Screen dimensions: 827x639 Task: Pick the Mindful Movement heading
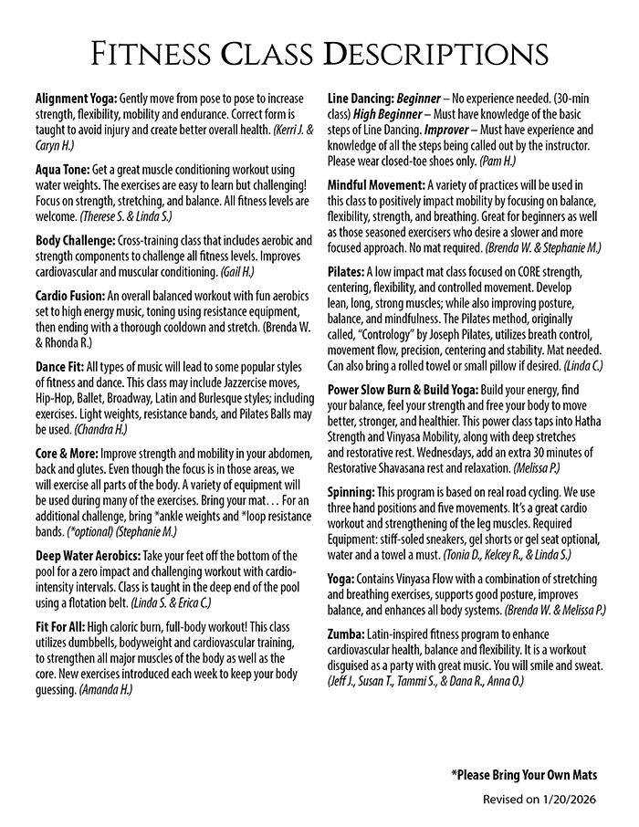(375, 184)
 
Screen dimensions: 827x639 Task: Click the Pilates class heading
(345, 273)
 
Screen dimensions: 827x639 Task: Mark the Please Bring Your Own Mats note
(524, 775)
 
